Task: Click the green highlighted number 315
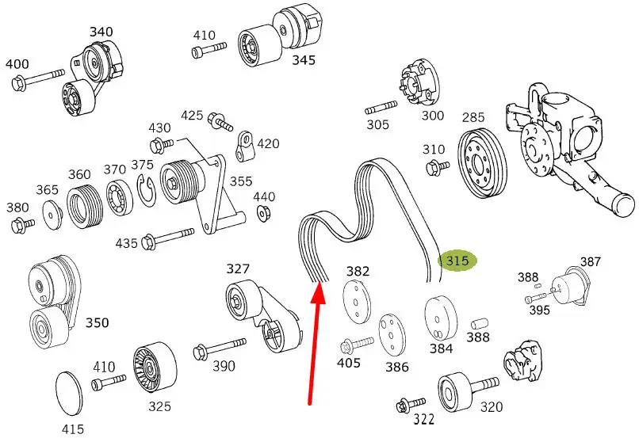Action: pos(457,261)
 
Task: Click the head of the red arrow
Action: pos(319,291)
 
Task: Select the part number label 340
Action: pos(101,32)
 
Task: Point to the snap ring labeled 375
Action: pos(147,189)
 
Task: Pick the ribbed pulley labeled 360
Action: pos(85,206)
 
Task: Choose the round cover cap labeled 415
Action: pos(68,393)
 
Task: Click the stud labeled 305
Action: pos(381,107)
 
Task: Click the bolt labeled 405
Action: pos(357,345)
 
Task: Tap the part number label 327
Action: pos(238,269)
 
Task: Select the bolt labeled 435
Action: pos(167,239)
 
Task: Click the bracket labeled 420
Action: pos(245,145)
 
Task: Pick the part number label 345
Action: pos(304,60)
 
